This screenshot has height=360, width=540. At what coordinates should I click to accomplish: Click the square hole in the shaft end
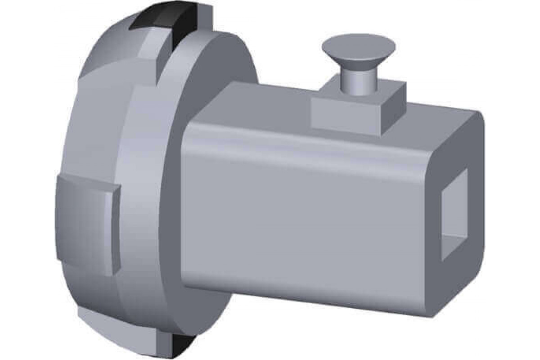[454, 216]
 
